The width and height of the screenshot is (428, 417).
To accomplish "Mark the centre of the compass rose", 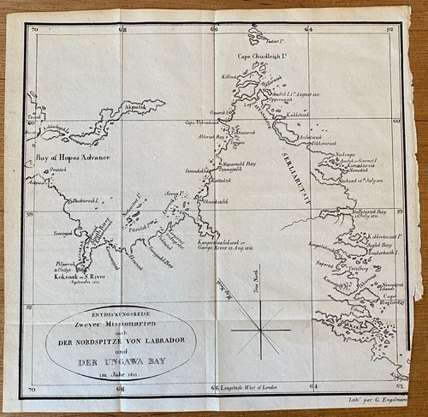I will pyautogui.click(x=258, y=331).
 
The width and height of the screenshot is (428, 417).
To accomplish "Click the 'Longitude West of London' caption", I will pyautogui.click(x=259, y=389).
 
